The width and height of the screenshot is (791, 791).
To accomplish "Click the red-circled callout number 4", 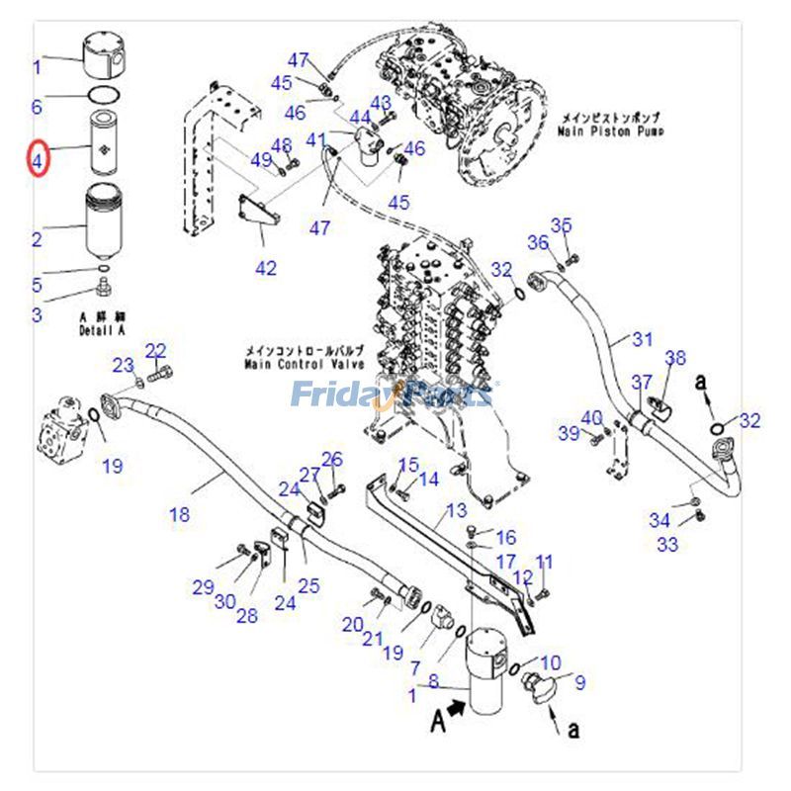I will (38, 157).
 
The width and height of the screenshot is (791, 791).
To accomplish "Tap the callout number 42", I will (266, 268).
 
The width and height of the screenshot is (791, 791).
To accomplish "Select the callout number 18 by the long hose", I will (179, 514).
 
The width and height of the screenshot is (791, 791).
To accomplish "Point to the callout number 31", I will (643, 340).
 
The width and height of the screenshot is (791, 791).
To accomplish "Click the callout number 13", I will (456, 510).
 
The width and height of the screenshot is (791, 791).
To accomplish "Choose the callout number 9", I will (580, 681).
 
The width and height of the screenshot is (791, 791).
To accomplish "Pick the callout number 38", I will (675, 357).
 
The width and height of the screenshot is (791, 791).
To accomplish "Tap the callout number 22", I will (156, 350).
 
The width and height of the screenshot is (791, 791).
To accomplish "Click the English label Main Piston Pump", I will (610, 131).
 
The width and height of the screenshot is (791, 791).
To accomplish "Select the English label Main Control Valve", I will (306, 364).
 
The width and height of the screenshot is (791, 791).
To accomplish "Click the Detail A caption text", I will (105, 330).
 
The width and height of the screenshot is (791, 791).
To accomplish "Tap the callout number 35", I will (562, 225).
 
